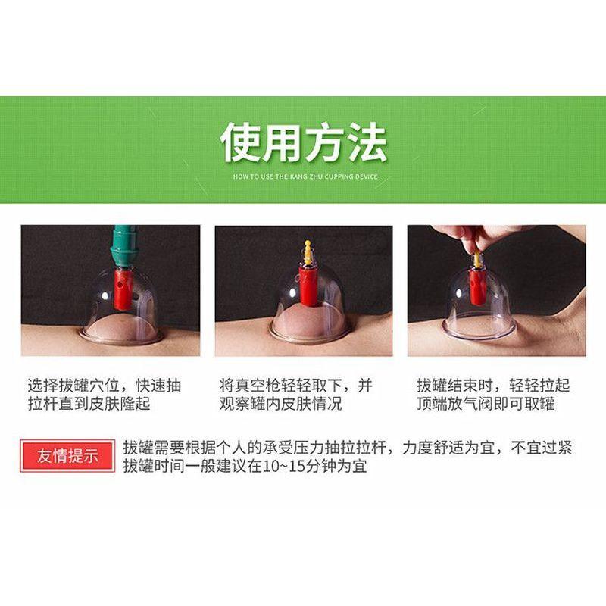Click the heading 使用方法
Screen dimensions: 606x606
(304, 142)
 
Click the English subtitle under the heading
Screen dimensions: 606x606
(305, 176)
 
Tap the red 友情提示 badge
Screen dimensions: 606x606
(67, 456)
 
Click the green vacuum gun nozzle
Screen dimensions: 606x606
(123, 247)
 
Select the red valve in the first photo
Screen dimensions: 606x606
(123, 289)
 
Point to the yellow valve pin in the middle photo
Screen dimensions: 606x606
(308, 252)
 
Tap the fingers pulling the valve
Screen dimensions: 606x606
(462, 236)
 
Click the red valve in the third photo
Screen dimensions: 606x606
(476, 286)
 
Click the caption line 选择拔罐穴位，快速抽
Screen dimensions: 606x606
(105, 386)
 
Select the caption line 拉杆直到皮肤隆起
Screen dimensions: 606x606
(89, 404)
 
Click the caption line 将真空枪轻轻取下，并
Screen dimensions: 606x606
(296, 386)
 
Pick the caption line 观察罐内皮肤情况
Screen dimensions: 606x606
(280, 404)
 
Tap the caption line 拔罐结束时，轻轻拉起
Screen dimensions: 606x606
(493, 386)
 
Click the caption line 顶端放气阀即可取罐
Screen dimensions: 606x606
(486, 404)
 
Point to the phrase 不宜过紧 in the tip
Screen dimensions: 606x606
(541, 448)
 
